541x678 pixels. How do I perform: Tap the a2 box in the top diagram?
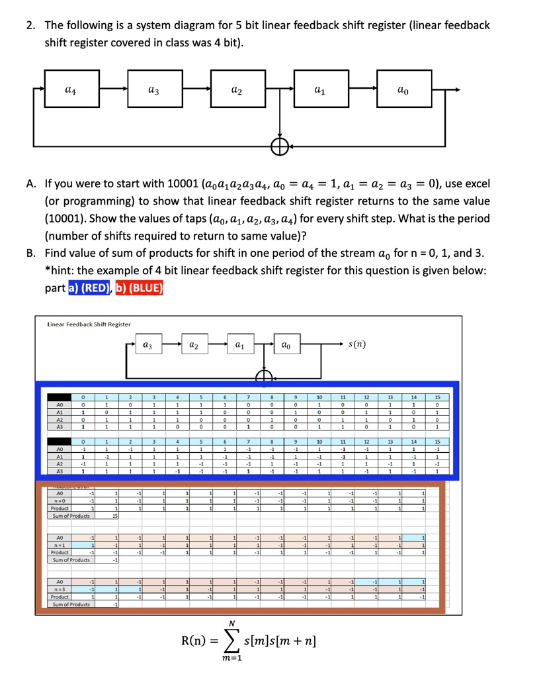pyautogui.click(x=237, y=89)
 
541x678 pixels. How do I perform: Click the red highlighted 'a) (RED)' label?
pyautogui.click(x=89, y=288)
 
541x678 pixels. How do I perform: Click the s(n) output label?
pyautogui.click(x=359, y=345)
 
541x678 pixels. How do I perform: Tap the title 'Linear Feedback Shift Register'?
pyautogui.click(x=89, y=324)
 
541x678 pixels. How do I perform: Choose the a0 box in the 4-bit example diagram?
pyautogui.click(x=285, y=345)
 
